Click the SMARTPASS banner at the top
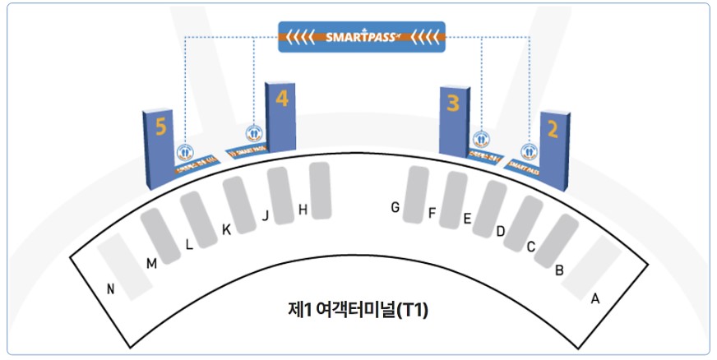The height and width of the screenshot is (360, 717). point(362,37)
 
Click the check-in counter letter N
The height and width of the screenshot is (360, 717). point(111,288)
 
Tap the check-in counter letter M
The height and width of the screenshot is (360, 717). point(151,263)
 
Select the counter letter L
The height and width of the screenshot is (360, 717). point(190,243)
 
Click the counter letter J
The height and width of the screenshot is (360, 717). point(266,216)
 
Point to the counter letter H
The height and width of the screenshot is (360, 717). point(303,210)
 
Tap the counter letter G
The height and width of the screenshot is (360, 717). point(396,208)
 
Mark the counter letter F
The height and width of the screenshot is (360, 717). point(432,213)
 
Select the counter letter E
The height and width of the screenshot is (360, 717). point(467,219)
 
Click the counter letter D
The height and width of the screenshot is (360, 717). point(500,231)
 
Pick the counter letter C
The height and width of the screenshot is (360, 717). point(531,246)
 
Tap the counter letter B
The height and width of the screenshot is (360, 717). point(559,269)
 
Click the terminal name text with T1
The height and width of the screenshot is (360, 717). point(358,311)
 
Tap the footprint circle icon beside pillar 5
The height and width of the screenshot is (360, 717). point(185,152)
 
